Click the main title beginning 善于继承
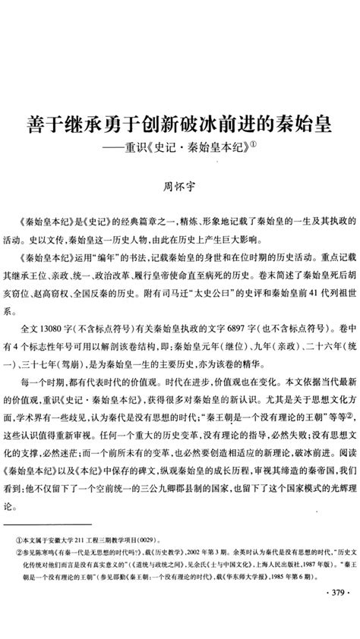tap(180, 122)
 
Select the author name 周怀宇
tap(180, 183)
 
